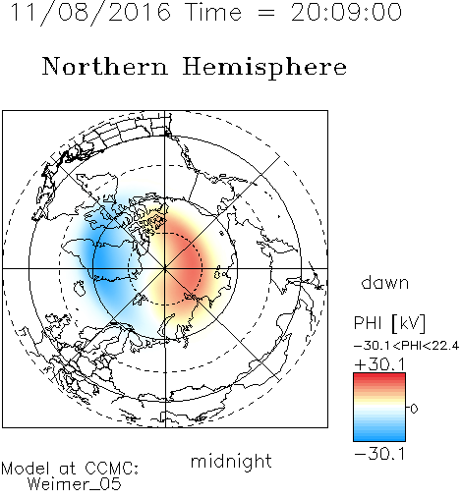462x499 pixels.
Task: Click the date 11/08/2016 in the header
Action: coord(90,13)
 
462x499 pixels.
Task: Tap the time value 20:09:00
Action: coord(346,13)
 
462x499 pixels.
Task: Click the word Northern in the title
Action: coord(105,67)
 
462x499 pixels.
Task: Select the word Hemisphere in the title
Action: coord(264,68)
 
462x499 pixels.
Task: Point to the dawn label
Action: coord(385,283)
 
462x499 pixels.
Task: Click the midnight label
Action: coord(231,461)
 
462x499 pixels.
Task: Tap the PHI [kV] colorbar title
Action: coord(389,323)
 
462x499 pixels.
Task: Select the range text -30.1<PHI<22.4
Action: coord(406,346)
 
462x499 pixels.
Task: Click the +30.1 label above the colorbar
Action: coord(379,364)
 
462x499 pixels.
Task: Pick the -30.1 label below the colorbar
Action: coord(379,454)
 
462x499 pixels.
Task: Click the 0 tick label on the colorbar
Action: coord(414,409)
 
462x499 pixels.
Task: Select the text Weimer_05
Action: coord(75,484)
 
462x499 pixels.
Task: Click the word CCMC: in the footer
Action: coord(111,469)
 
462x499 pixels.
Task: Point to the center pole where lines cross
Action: coord(165,268)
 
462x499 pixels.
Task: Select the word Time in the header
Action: coord(213,13)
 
